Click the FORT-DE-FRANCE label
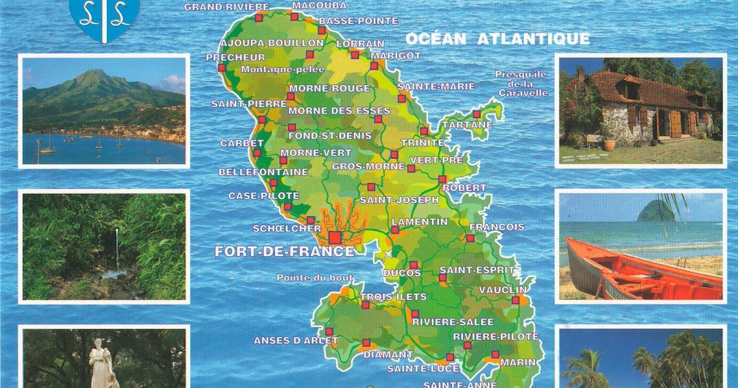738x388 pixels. click(284, 251)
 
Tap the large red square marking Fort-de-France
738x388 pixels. click(335, 237)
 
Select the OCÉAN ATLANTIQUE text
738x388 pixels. click(497, 39)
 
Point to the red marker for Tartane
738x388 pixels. click(476, 114)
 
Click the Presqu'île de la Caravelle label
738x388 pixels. click(521, 83)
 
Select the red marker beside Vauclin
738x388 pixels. click(515, 300)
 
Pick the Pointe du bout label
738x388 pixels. click(306, 278)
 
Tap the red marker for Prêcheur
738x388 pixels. click(221, 67)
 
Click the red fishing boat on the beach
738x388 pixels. click(640, 274)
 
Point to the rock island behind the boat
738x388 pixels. click(657, 211)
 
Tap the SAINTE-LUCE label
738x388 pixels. click(423, 368)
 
